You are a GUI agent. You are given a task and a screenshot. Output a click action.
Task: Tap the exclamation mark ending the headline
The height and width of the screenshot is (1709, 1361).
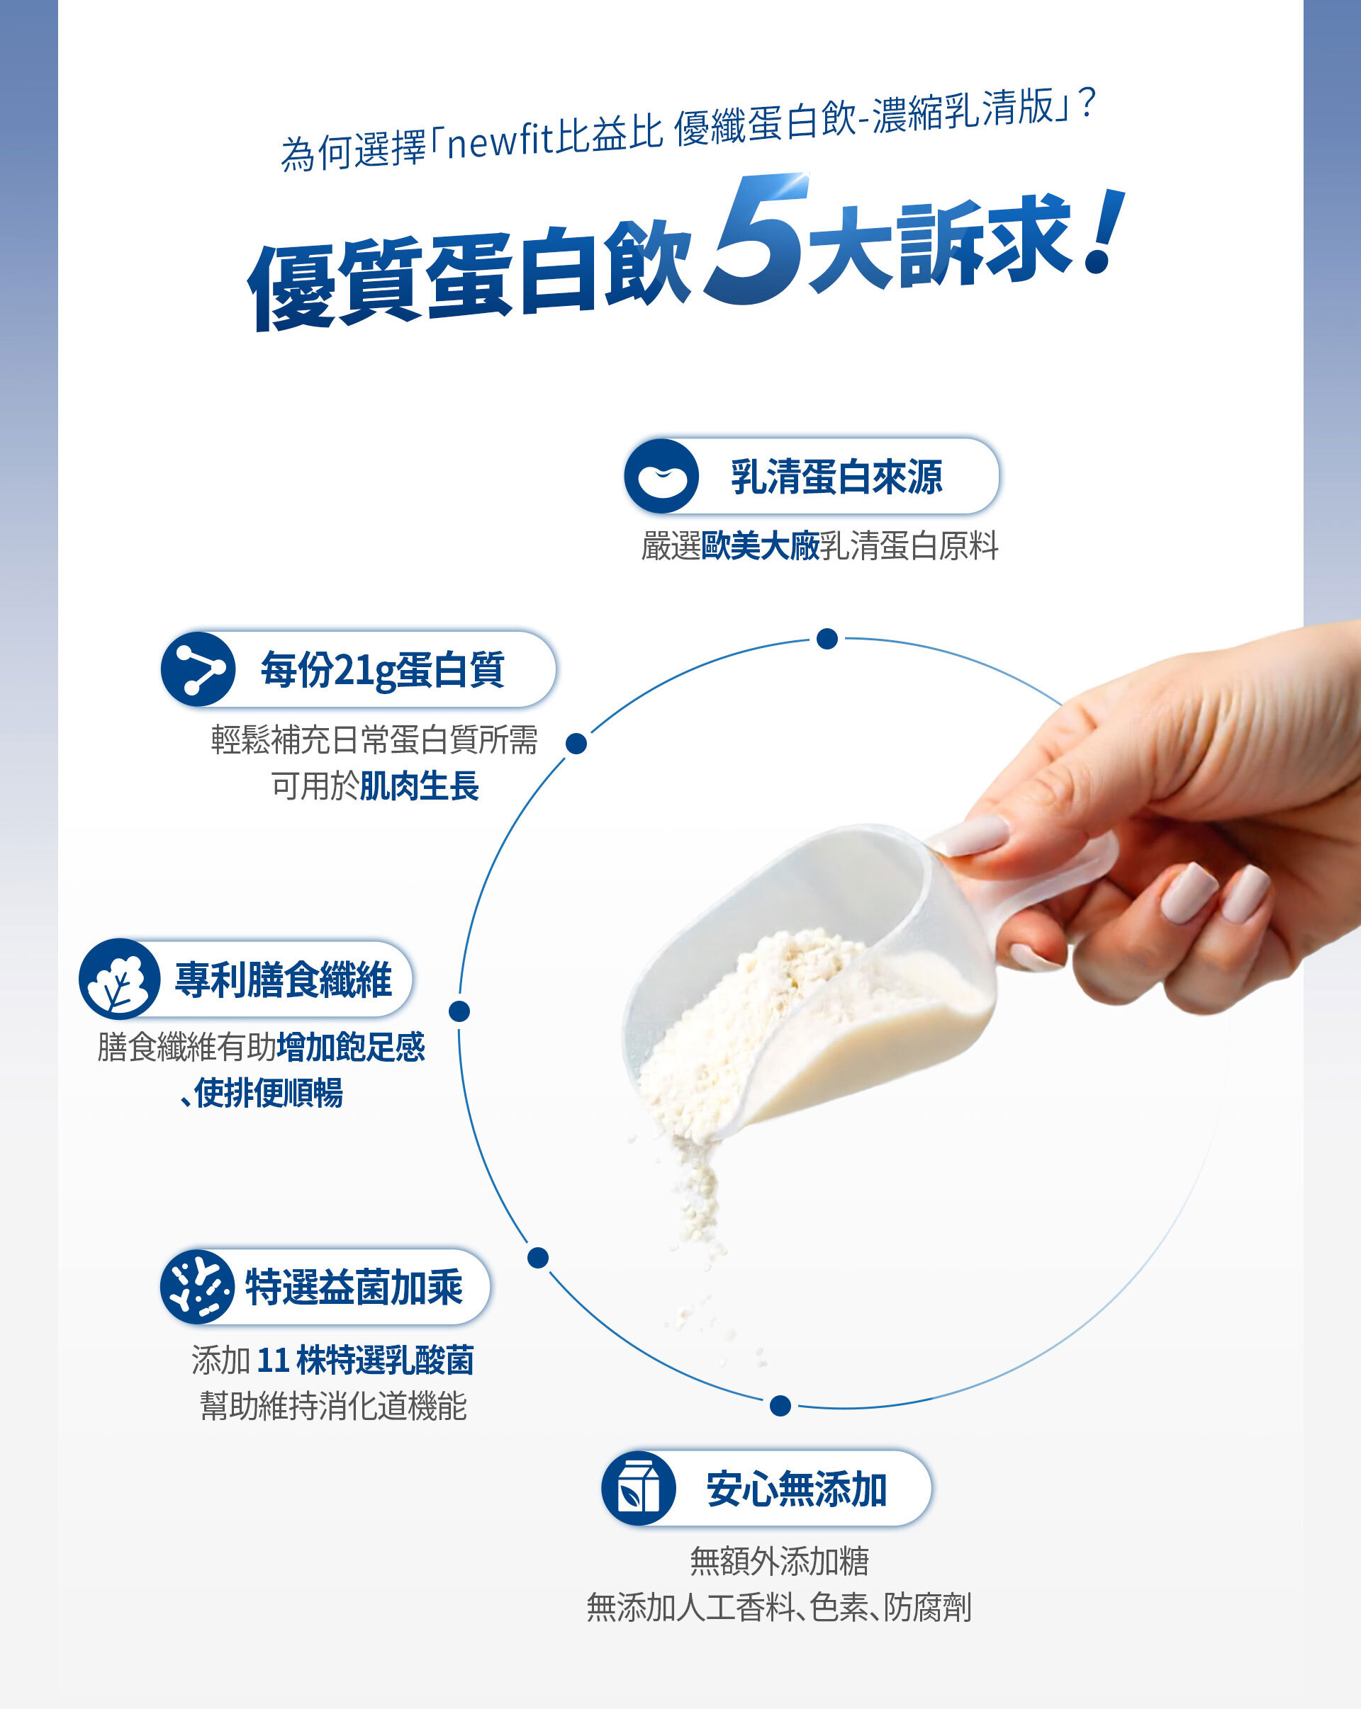[x=1106, y=231]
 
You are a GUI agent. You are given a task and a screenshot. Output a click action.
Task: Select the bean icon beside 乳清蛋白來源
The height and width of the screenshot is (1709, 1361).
[x=661, y=477]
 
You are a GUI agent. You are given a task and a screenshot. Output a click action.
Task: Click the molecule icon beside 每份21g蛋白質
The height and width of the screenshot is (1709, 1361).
[x=198, y=669]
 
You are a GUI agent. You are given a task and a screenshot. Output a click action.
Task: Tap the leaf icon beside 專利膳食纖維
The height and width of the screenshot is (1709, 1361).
[x=119, y=978]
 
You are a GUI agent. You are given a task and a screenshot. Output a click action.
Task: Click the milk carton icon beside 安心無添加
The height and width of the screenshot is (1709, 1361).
[x=639, y=1488]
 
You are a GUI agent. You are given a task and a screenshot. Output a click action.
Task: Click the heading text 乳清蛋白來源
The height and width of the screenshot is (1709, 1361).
[x=836, y=477]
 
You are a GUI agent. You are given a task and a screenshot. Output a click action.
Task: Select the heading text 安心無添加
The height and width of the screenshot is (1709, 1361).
[x=796, y=1489]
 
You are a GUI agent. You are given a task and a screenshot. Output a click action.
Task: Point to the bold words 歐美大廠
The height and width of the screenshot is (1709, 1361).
[x=760, y=545]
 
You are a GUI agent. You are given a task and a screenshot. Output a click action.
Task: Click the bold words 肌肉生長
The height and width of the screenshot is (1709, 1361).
[x=420, y=786]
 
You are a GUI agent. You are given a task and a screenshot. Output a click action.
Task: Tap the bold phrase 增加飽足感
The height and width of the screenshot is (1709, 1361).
[x=352, y=1047]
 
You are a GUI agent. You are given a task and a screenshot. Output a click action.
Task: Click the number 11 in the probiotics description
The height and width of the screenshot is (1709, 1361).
[x=272, y=1361]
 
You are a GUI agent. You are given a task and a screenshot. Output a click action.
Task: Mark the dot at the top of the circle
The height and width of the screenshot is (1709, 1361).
[x=827, y=639]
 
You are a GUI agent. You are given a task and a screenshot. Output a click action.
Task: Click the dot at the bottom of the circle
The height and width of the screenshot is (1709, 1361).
[x=780, y=1405]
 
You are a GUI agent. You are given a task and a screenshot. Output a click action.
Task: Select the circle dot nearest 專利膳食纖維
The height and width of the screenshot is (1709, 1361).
[x=459, y=1011]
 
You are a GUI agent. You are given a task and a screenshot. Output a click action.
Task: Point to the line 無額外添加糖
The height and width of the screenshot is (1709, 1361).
[x=780, y=1561]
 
